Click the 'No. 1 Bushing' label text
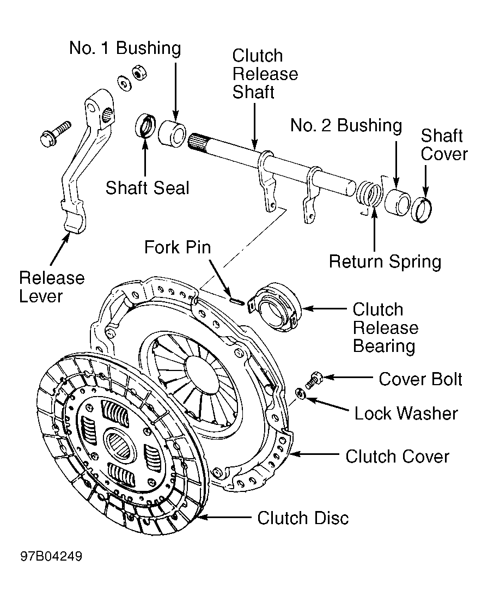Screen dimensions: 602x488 [125, 48]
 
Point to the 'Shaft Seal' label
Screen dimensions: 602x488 [148, 187]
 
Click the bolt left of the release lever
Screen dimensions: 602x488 [56, 132]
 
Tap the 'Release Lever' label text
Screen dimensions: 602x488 [52, 287]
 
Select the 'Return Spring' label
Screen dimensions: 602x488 [385, 262]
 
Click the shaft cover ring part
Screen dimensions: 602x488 [422, 209]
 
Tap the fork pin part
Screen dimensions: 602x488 [236, 299]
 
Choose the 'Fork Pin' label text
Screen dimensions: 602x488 [177, 247]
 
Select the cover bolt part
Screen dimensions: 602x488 [314, 379]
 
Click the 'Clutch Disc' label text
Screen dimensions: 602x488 [303, 518]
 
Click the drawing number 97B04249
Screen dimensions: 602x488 [52, 557]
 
